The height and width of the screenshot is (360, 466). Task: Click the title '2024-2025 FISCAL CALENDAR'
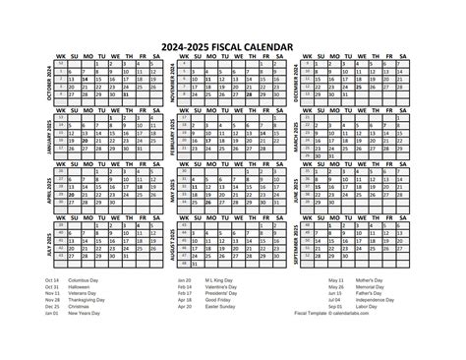(x=233, y=43)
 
